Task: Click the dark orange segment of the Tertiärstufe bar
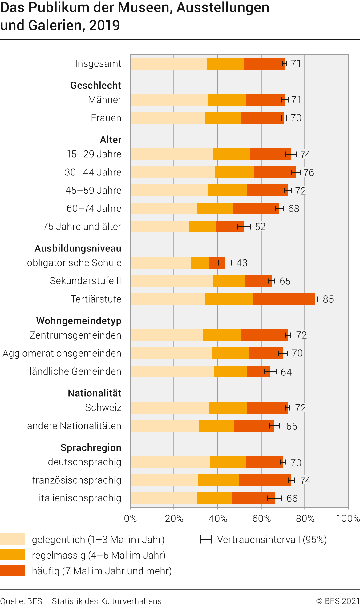tap(284, 299)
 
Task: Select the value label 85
tap(328, 299)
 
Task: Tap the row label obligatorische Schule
tap(74, 263)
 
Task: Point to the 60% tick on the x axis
tap(261, 519)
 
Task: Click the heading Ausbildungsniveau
tap(78, 248)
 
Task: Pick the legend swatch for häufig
tap(13, 571)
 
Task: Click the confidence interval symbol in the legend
tap(205, 539)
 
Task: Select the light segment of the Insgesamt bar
tap(168, 64)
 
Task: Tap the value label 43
tap(242, 263)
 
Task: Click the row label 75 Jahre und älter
tap(82, 227)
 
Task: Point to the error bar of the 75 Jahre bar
tap(244, 227)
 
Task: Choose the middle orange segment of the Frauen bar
tap(223, 118)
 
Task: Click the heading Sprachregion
tap(91, 448)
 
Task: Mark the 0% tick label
tap(130, 519)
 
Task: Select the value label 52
tap(260, 227)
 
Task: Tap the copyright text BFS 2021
tap(338, 601)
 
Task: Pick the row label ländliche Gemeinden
tap(75, 371)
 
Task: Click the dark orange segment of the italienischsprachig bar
tap(253, 498)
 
